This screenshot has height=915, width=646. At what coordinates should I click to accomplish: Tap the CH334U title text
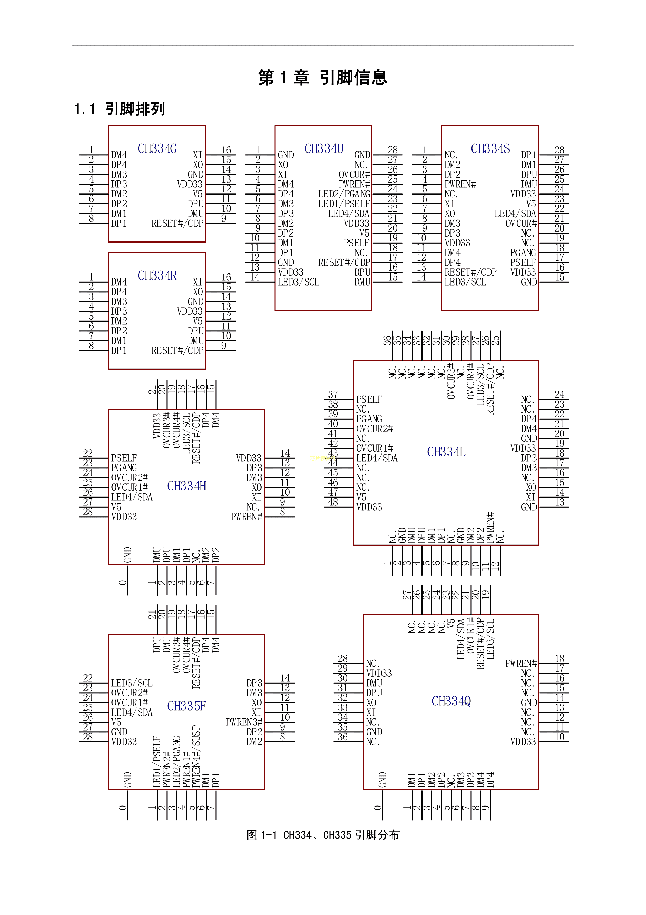pyautogui.click(x=324, y=149)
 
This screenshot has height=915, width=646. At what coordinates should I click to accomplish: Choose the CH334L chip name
pyautogui.click(x=446, y=452)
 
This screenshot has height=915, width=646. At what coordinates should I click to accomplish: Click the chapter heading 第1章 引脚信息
pyautogui.click(x=323, y=77)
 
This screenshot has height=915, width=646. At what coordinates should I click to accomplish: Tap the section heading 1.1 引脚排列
pyautogui.click(x=119, y=109)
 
